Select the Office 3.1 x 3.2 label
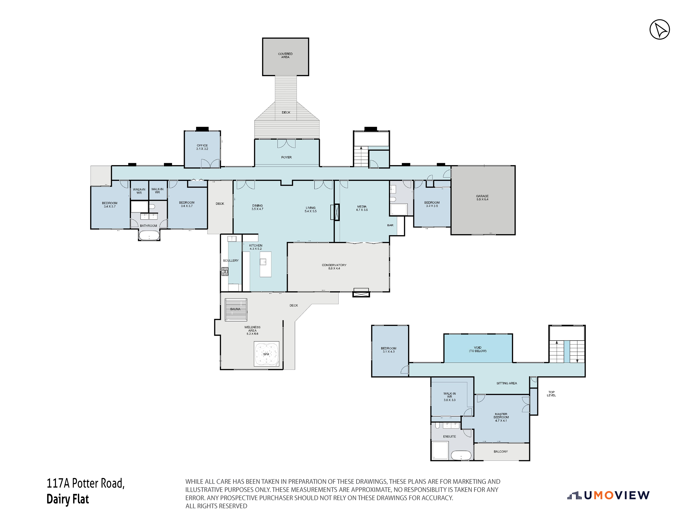pos(202,147)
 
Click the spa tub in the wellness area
pos(266,354)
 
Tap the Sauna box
pos(236,309)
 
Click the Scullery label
pos(231,261)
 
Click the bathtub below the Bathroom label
pos(149,236)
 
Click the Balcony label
pos(501,452)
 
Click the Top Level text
pos(551,394)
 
